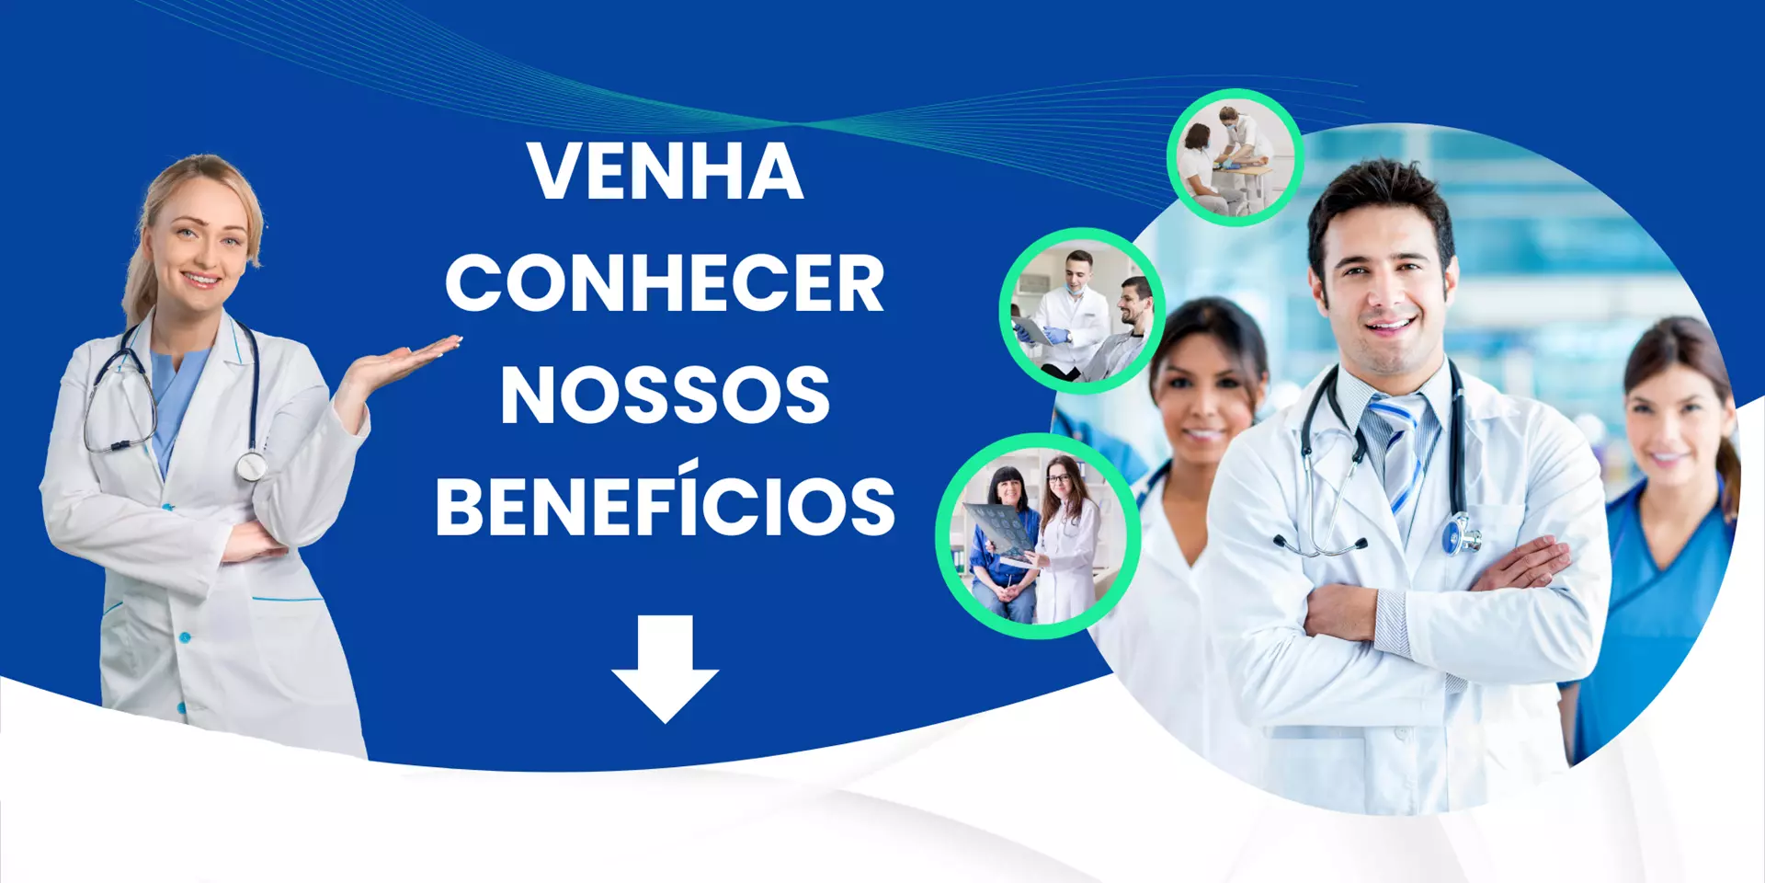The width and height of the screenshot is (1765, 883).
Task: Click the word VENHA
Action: pyautogui.click(x=666, y=171)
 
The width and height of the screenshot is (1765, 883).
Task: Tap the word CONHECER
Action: pyautogui.click(x=665, y=283)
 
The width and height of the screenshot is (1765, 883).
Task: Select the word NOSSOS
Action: pyautogui.click(x=665, y=396)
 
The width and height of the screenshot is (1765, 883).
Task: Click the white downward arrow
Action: pyautogui.click(x=665, y=669)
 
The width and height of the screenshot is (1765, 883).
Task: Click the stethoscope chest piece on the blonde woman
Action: pyautogui.click(x=250, y=466)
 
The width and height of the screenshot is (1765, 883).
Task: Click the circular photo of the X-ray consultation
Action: pyautogui.click(x=1039, y=536)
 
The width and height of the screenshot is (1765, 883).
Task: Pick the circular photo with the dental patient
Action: pyautogui.click(x=1083, y=311)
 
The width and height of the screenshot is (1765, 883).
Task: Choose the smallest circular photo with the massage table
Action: pyautogui.click(x=1235, y=157)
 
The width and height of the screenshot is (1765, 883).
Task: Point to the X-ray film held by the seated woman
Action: pyautogui.click(x=1002, y=532)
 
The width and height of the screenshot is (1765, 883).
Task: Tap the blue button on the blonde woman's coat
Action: pyautogui.click(x=186, y=636)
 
